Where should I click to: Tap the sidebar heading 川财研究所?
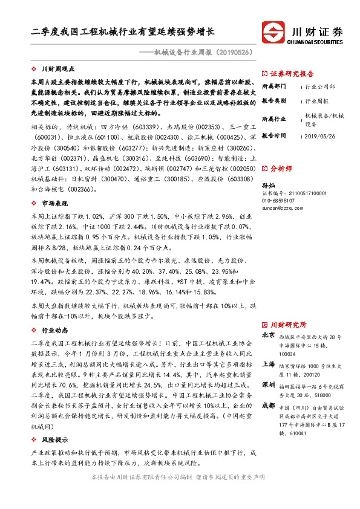click(287, 325)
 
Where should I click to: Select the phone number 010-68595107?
click(279, 200)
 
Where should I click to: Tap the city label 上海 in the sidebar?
click(268, 365)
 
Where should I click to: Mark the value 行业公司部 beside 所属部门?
click(320, 87)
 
